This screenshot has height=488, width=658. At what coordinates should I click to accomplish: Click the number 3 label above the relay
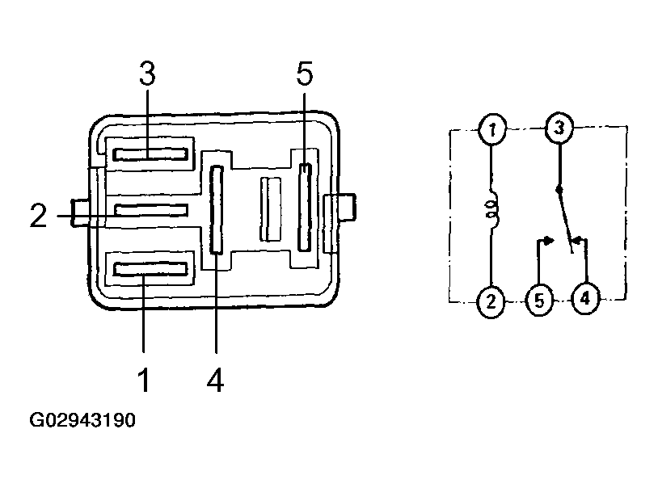pyautogui.click(x=147, y=74)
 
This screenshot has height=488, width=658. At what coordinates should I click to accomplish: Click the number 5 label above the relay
pyautogui.click(x=305, y=74)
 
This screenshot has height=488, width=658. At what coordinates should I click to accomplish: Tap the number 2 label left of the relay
pyautogui.click(x=38, y=216)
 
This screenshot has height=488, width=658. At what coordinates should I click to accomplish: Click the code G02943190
pyautogui.click(x=82, y=420)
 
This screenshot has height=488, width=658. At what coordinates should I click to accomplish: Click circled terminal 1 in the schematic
pyautogui.click(x=491, y=129)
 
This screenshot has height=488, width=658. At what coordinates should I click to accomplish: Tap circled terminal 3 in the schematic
pyautogui.click(x=559, y=127)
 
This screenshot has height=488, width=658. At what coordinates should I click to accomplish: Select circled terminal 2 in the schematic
pyautogui.click(x=491, y=301)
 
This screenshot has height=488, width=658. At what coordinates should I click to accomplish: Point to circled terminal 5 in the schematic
pyautogui.click(x=540, y=301)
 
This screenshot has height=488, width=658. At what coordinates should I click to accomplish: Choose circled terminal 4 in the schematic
pyautogui.click(x=586, y=299)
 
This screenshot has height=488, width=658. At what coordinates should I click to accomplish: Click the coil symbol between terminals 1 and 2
pyautogui.click(x=491, y=210)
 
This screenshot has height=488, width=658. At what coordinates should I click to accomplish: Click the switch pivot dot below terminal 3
pyautogui.click(x=559, y=190)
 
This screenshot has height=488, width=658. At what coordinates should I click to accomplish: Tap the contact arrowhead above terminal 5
pyautogui.click(x=550, y=241)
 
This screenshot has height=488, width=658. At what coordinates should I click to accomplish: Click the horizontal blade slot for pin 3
pyautogui.click(x=150, y=154)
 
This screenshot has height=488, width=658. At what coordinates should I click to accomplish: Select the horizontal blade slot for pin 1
pyautogui.click(x=150, y=269)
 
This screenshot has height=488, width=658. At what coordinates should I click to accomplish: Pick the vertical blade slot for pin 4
pyautogui.click(x=217, y=209)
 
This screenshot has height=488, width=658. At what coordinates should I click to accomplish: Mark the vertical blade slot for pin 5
pyautogui.click(x=305, y=207)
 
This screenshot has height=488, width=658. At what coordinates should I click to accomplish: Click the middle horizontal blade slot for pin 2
pyautogui.click(x=151, y=210)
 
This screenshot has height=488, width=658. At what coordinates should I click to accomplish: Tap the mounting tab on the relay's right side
pyautogui.click(x=341, y=207)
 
